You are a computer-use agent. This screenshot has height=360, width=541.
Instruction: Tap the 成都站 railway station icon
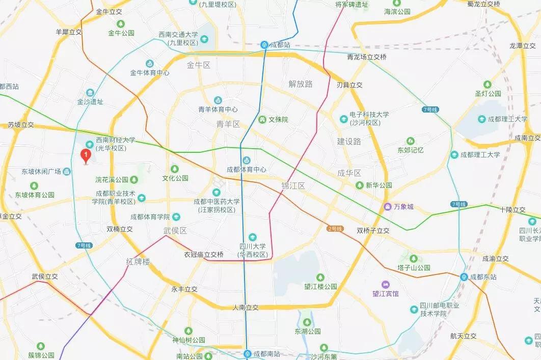point(264,45)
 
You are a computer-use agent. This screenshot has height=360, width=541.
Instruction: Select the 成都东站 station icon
point(464,277)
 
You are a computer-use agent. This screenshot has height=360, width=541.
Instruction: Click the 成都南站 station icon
point(247,353)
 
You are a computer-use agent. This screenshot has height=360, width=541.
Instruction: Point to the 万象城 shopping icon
point(388,207)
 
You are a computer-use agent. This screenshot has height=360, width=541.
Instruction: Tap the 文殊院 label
point(278,120)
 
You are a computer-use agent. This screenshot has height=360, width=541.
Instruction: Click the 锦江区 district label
point(293,186)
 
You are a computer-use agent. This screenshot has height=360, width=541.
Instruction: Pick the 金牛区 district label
point(199,65)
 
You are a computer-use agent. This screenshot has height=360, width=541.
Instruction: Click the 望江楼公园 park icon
point(320,278)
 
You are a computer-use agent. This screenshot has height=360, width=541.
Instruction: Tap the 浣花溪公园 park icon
point(134,179)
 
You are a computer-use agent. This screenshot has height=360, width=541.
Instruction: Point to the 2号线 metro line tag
point(335,228)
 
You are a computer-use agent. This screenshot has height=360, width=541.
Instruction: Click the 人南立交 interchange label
point(246,308)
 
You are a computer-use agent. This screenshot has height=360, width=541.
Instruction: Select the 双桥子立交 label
point(373,231)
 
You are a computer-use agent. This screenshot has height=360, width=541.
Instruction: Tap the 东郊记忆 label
point(411,150)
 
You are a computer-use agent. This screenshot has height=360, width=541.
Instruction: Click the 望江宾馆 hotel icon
point(385,284)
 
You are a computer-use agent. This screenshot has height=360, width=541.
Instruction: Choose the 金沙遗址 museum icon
point(90,93)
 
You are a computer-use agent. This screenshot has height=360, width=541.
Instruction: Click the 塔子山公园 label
point(414,267)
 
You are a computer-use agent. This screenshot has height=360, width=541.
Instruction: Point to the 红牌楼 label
point(138,262)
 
